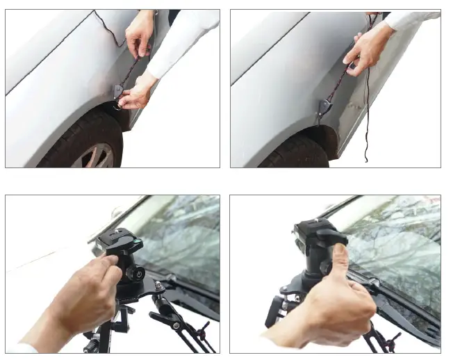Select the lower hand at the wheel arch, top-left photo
[136, 94]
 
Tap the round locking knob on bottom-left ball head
[141, 274]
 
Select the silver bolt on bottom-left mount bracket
[158, 286]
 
